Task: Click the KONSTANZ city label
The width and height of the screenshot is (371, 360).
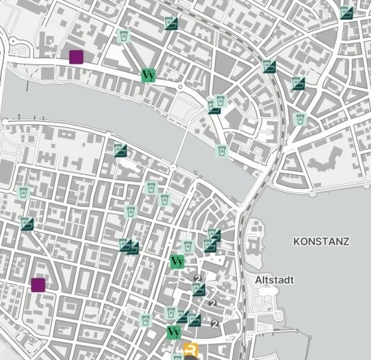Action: (x=322, y=241)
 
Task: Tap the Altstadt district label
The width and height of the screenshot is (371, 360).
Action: (x=275, y=280)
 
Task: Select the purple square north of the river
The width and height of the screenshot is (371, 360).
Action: (x=76, y=57)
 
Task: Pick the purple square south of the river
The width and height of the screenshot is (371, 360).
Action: (x=38, y=285)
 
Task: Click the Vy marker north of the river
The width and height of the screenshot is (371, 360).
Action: (x=148, y=75)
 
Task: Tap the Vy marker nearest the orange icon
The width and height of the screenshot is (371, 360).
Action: (x=174, y=332)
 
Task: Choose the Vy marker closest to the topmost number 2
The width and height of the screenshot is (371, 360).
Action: (x=177, y=262)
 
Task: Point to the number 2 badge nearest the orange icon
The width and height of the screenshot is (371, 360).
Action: (x=215, y=324)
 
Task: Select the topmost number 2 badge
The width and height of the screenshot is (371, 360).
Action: (x=197, y=279)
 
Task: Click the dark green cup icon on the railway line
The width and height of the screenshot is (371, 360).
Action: (x=268, y=66)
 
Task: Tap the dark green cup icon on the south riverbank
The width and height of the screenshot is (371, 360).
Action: (x=120, y=149)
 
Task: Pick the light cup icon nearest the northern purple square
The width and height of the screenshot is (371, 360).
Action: (x=124, y=36)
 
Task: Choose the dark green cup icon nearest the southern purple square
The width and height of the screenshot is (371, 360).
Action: (x=27, y=223)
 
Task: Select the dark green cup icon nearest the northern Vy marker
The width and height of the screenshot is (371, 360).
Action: (x=171, y=24)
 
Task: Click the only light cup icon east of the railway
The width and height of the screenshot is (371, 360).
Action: (x=301, y=119)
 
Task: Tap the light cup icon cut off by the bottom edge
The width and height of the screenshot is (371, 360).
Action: (x=177, y=357)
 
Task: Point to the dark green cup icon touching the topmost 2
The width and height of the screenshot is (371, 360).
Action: (x=198, y=289)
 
